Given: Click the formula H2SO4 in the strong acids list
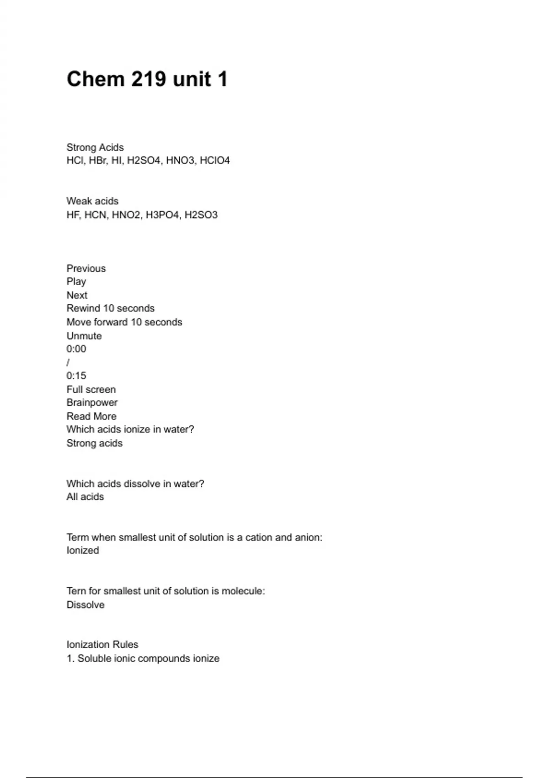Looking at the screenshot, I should (x=144, y=161).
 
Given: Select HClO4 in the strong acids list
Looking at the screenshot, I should (x=215, y=161).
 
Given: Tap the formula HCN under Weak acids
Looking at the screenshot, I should (x=95, y=215).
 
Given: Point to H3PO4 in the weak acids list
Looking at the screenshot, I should (x=162, y=215).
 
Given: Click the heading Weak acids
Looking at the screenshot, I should (x=92, y=201).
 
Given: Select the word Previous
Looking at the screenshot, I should (x=86, y=268).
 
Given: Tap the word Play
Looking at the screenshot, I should (x=76, y=281).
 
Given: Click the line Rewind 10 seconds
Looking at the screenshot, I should (x=110, y=308).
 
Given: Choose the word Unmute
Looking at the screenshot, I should (x=84, y=335).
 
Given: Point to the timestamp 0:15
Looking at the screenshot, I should (x=76, y=376).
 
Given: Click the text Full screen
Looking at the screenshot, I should (x=91, y=389).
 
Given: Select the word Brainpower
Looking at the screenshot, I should (x=92, y=403).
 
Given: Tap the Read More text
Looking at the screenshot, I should (x=91, y=416).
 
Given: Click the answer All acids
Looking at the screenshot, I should (x=85, y=497).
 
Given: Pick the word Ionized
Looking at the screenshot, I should (x=83, y=551).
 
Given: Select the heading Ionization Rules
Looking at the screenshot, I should (x=102, y=644).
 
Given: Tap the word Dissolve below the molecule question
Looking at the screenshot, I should (x=86, y=605).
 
